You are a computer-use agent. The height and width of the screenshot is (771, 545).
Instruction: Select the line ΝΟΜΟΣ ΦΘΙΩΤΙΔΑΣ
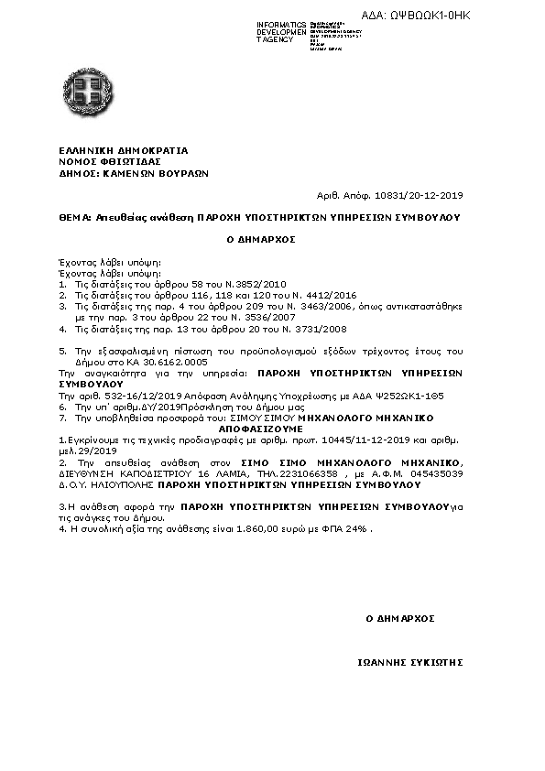pyautogui.click(x=103, y=160)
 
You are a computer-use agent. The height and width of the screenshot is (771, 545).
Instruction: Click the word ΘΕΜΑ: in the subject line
pyautogui.click(x=74, y=218)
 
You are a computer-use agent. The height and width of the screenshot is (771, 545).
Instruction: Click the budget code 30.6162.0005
pyautogui.click(x=178, y=362)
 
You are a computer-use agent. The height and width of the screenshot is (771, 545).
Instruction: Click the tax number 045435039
pyautogui.click(x=436, y=474)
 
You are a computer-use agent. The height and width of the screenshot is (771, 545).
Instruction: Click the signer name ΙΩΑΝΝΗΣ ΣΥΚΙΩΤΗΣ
pyautogui.click(x=409, y=661)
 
